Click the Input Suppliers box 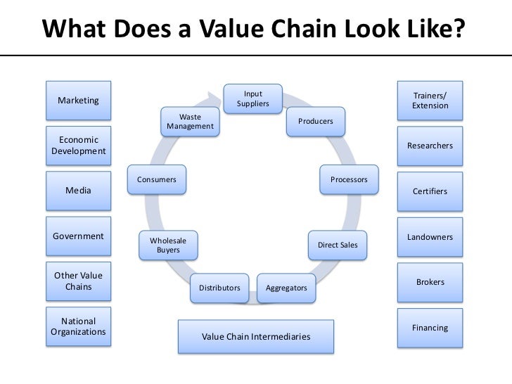(x=253, y=99)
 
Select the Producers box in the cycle (x=315, y=122)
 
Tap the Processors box (x=349, y=179)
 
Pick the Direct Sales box (x=338, y=245)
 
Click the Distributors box (x=219, y=288)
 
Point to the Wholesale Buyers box (x=168, y=245)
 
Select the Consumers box (x=157, y=179)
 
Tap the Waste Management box (x=190, y=122)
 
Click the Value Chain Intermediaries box (x=256, y=337)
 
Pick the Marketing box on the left (x=78, y=101)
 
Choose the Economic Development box (x=78, y=146)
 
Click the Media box (x=78, y=191)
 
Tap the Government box (x=78, y=236)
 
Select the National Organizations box (x=78, y=326)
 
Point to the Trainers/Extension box (x=430, y=101)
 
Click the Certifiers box (x=430, y=191)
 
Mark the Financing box (x=430, y=328)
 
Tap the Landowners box (x=430, y=237)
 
